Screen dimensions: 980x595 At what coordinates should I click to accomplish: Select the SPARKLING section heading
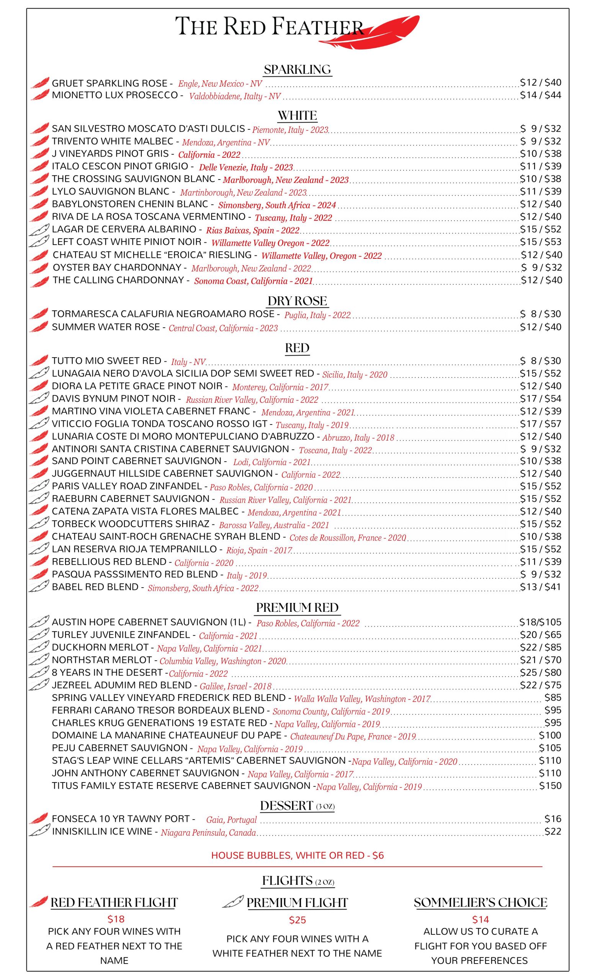tap(297, 70)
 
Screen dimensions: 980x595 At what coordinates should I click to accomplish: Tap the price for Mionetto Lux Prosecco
tap(541, 95)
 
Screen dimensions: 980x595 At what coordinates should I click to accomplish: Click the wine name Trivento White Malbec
tap(113, 141)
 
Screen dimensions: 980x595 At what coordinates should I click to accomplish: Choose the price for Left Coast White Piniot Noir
tap(541, 242)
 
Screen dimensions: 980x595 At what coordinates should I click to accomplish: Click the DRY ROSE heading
tap(297, 301)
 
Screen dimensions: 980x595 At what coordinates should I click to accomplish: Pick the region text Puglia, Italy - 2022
tap(317, 315)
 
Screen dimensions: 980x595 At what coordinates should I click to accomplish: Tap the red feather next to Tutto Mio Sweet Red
tap(39, 361)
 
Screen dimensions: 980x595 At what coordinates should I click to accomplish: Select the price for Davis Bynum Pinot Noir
tap(541, 399)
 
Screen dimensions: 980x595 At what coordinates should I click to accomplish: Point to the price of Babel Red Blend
tap(541, 586)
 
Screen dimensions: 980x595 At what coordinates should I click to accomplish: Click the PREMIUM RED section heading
tap(297, 607)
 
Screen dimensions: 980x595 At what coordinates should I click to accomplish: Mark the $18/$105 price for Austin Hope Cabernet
tap(540, 622)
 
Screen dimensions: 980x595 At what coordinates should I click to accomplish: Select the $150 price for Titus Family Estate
tap(550, 786)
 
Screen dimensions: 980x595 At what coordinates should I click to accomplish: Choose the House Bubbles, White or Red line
tap(297, 855)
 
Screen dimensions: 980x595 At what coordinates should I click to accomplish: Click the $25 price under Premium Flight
tap(297, 920)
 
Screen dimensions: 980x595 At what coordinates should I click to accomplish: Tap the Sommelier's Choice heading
tap(480, 902)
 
